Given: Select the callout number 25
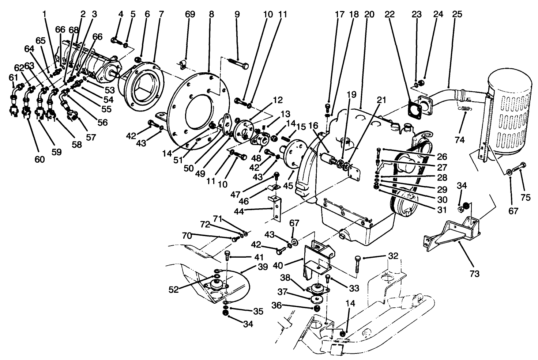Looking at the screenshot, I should click(x=457, y=14).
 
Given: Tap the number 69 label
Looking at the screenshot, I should click(x=190, y=14).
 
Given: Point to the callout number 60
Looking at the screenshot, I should click(x=39, y=159).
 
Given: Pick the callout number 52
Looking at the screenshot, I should click(x=174, y=289).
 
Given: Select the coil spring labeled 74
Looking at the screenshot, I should click(x=464, y=108).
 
